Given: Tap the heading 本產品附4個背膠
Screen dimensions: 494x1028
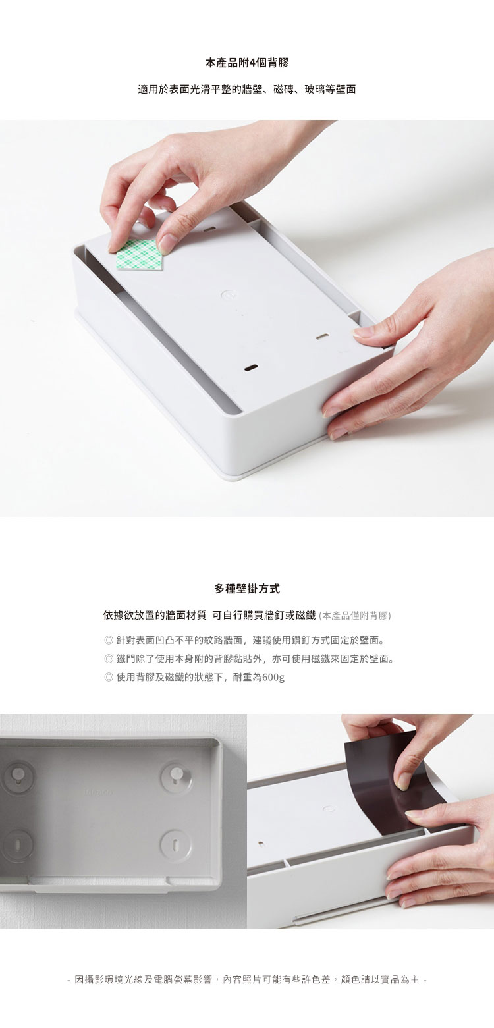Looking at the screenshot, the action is [247, 63].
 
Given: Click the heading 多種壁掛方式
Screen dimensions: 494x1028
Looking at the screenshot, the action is [247, 589].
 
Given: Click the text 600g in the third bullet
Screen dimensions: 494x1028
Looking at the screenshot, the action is [273, 678].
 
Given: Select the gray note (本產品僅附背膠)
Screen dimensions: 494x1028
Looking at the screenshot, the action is [354, 616].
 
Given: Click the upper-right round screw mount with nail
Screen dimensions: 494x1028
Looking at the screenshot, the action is [175, 775].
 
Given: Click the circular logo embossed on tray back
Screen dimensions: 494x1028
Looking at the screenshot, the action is [227, 295].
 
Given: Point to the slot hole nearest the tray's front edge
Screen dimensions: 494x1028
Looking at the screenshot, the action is [251, 367].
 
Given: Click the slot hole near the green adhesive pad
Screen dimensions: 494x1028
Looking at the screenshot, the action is [209, 228].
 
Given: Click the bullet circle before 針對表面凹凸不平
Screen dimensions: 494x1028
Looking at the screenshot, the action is [109, 640].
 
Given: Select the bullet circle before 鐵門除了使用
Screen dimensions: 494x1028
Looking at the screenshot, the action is [109, 659].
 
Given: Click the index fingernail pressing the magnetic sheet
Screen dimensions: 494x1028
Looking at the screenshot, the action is [402, 785].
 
